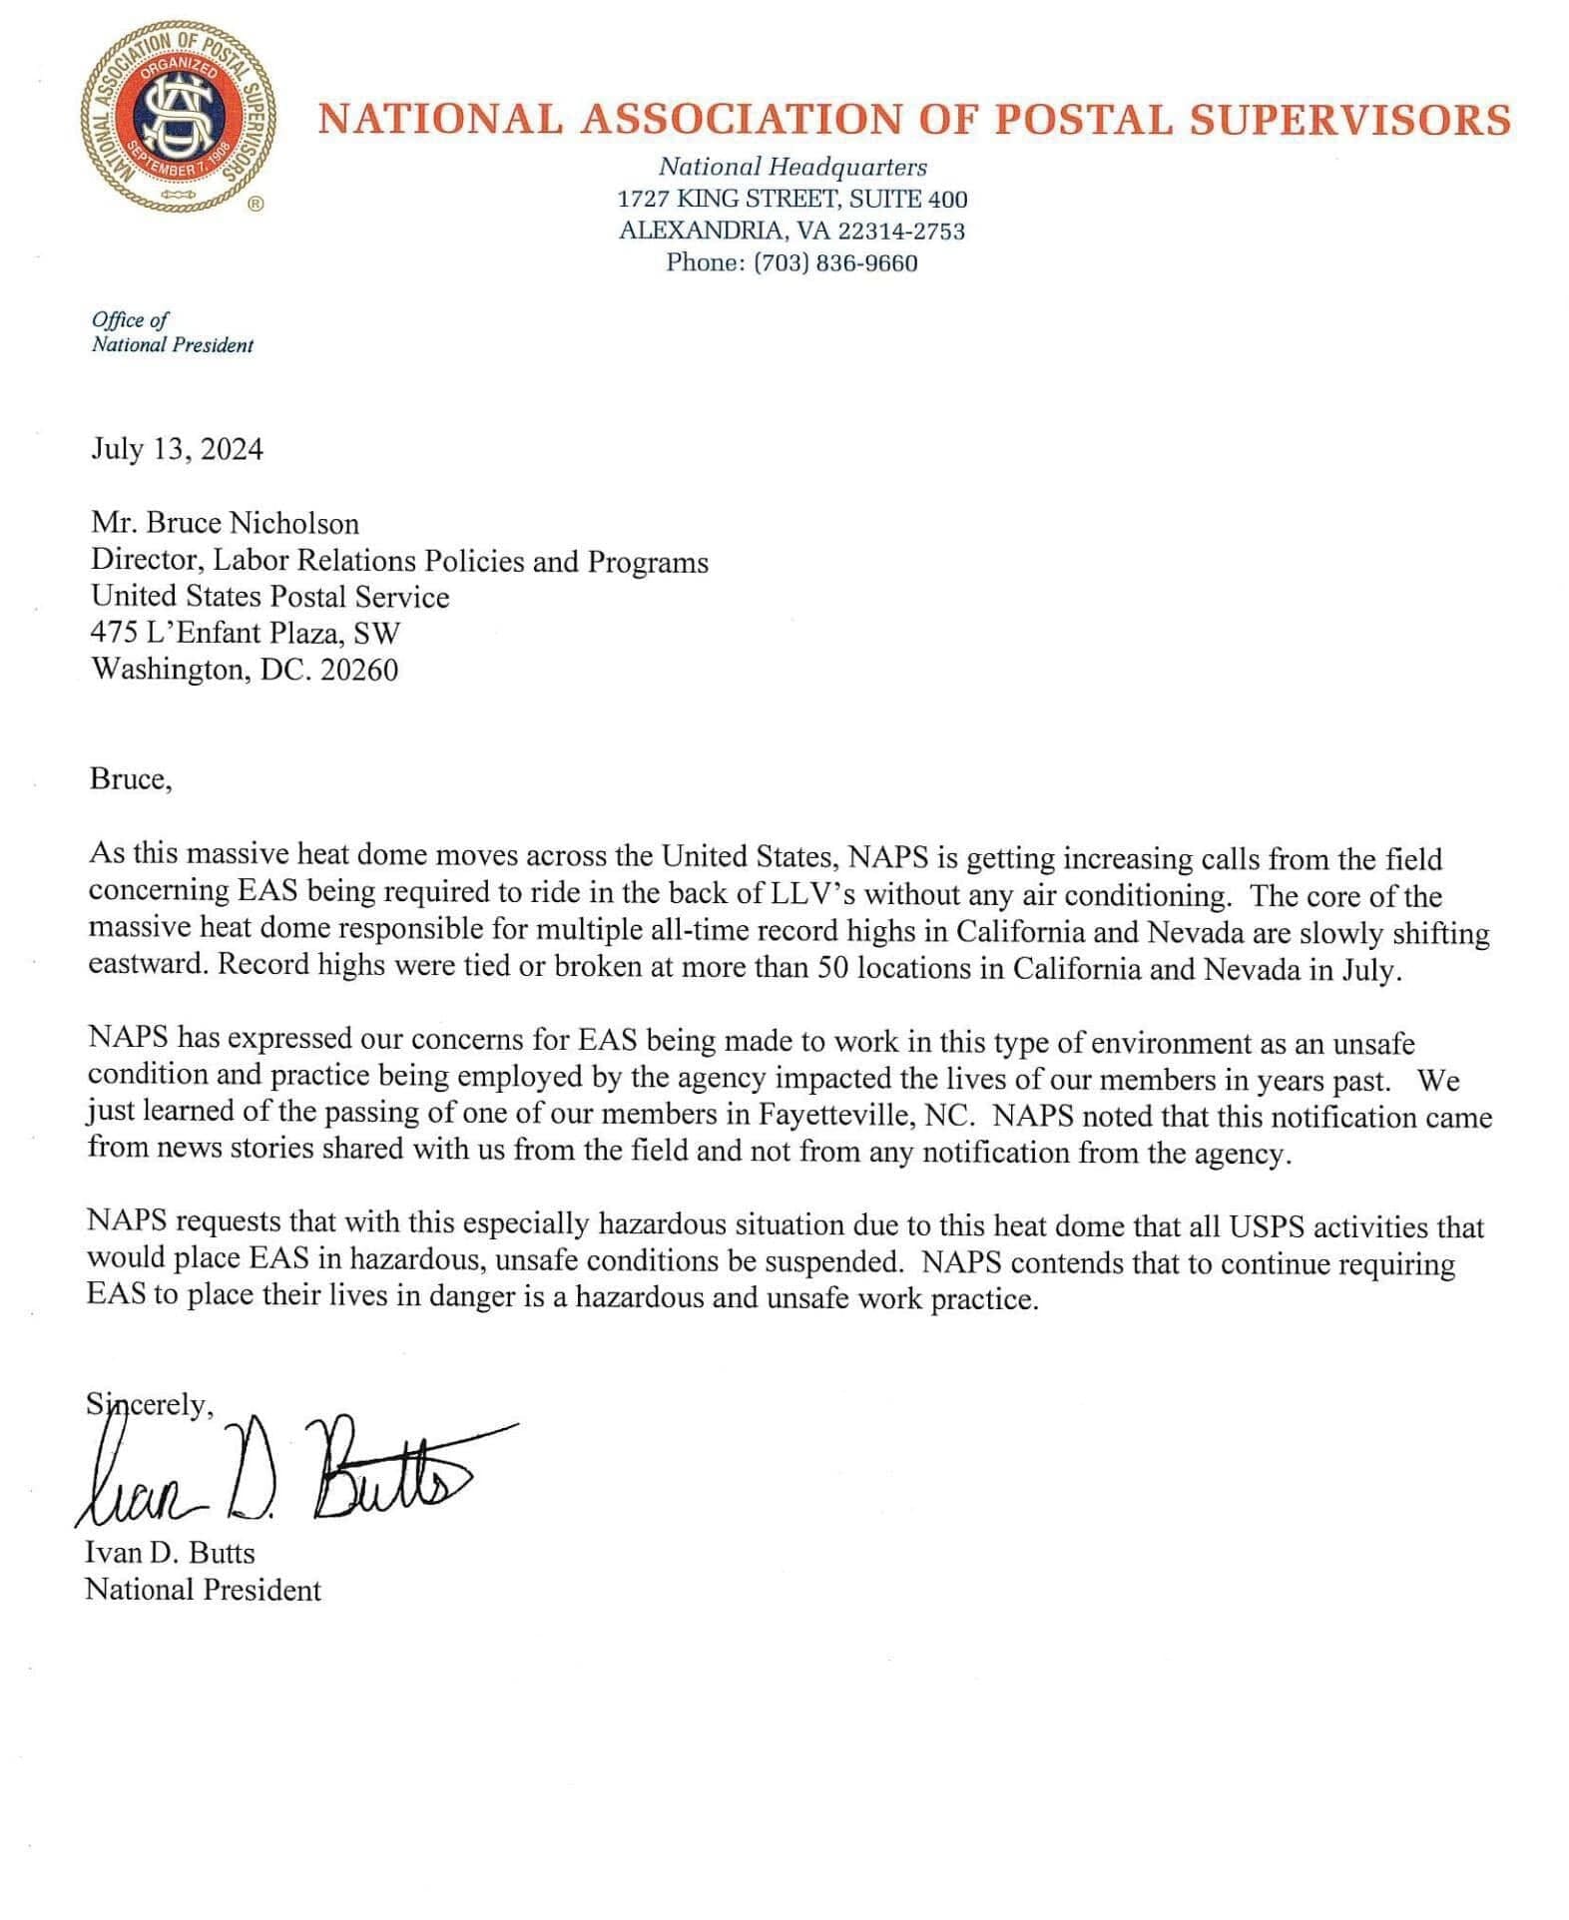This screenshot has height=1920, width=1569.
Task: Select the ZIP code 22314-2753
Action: click(901, 231)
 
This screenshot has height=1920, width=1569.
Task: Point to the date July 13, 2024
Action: click(178, 449)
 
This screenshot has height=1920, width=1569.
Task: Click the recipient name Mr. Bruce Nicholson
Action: click(225, 523)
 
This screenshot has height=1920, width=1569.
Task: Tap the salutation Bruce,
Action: click(131, 778)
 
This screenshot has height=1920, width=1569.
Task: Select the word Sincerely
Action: click(150, 1405)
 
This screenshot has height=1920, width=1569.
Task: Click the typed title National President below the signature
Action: click(204, 1589)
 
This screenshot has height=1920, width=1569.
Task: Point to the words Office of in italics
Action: click(130, 319)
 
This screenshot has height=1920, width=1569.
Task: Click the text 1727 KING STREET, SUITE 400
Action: click(792, 199)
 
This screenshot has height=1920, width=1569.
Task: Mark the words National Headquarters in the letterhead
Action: click(792, 167)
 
